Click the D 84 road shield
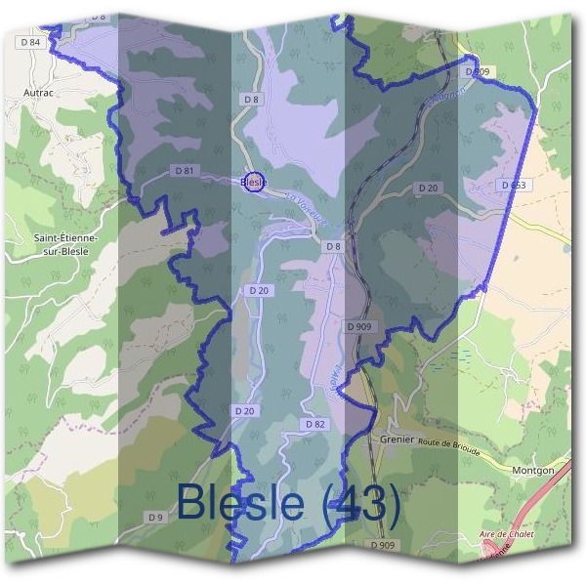[x=30, y=42]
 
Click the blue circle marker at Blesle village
[x=253, y=182]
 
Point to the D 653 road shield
[x=513, y=185]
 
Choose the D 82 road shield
[x=314, y=424]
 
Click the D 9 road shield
[x=155, y=516]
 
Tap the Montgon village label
[x=533, y=470]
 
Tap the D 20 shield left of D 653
[x=429, y=188]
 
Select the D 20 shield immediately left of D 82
[x=244, y=411]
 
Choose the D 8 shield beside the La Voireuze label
[x=333, y=246]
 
